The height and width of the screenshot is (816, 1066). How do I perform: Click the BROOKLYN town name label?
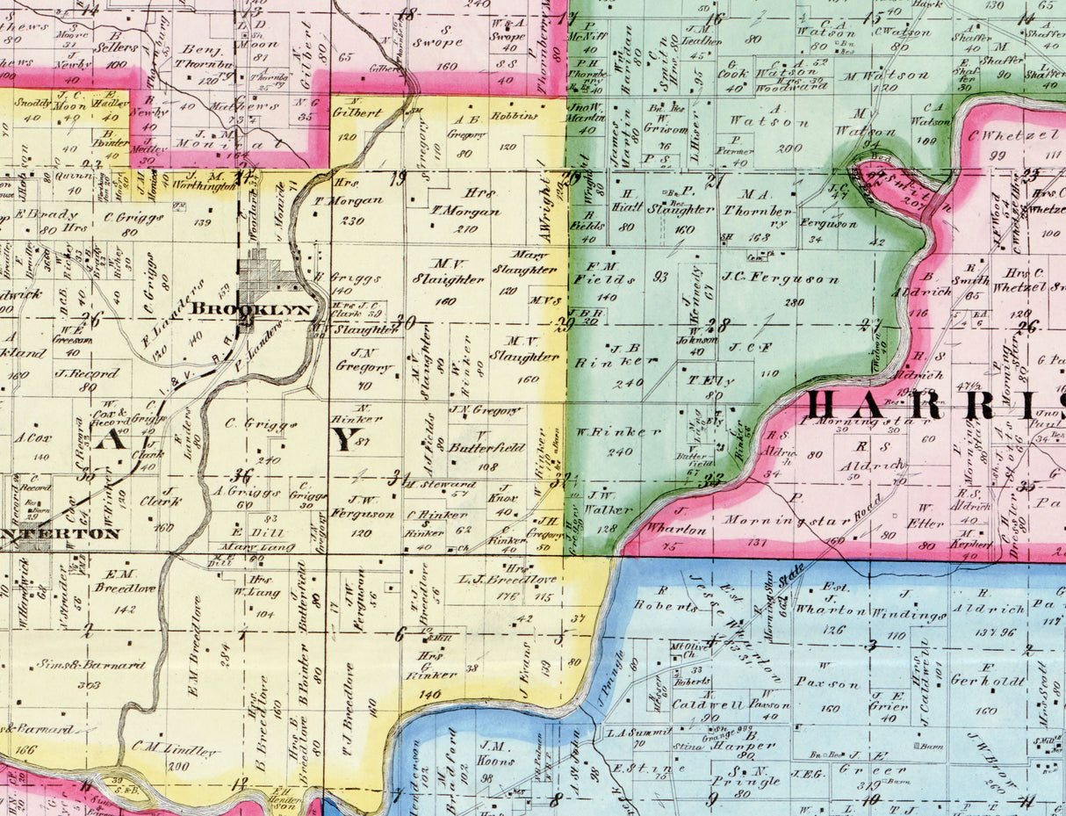coord(251,309)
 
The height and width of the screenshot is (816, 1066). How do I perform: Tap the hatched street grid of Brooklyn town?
coord(263,274)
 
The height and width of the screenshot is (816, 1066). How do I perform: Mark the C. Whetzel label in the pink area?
coord(1005,136)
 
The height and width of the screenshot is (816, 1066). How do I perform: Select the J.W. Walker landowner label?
coord(608,502)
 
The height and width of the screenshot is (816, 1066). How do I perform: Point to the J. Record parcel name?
coord(86,373)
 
